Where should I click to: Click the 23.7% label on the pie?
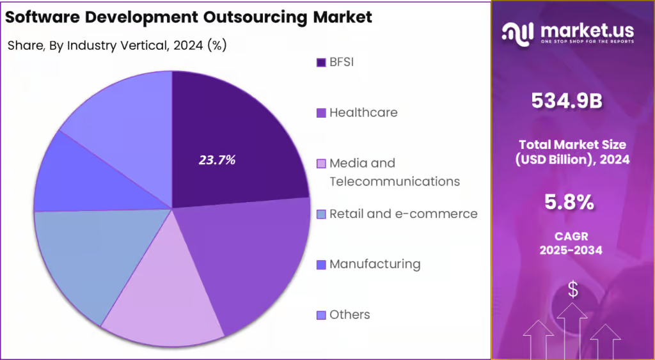coord(217,160)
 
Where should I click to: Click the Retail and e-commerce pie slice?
coord(83,256)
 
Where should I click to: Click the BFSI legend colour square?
coord(321,63)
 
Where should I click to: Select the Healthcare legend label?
coord(363,113)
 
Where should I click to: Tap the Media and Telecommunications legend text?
coord(393,172)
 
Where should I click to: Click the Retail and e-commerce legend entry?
coord(403,214)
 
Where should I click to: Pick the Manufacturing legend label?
coord(374,264)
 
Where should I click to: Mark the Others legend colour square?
coord(321,315)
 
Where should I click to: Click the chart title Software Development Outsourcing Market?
coord(189,17)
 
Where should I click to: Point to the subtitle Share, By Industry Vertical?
coord(117,45)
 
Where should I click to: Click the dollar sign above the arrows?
coord(573,290)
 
